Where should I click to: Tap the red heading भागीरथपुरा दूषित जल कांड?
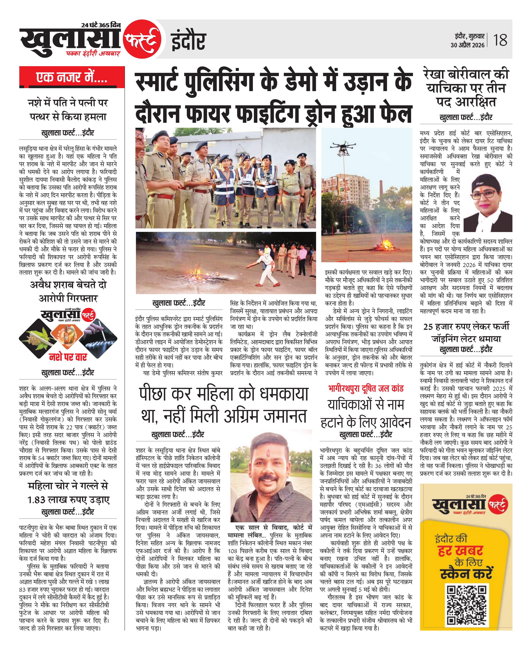click(x=366, y=388)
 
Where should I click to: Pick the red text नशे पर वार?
click(x=68, y=357)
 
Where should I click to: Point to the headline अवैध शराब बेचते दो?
click(x=68, y=285)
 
